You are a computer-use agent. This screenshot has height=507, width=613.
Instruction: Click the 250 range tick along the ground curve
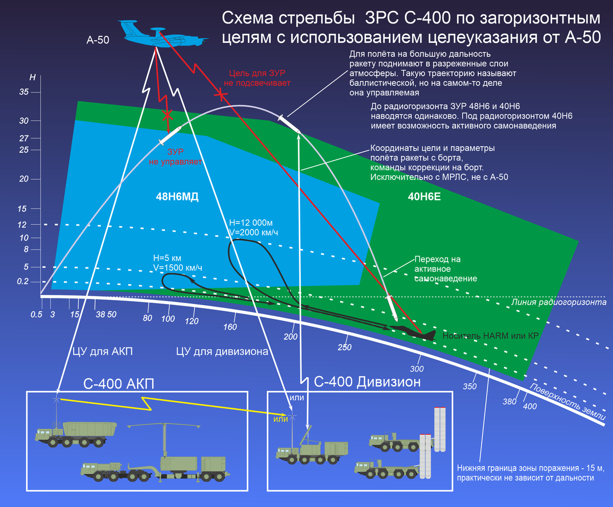[345, 348]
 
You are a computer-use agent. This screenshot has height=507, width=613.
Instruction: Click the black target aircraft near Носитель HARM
[414, 332]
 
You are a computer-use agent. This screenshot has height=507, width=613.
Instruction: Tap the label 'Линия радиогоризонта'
[558, 303]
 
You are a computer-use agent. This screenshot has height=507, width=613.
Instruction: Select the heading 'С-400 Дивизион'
[367, 382]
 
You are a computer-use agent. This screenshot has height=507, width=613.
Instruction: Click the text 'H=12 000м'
[251, 223]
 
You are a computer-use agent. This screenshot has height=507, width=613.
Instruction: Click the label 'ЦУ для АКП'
[102, 351]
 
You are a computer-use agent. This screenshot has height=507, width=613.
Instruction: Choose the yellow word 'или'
[281, 419]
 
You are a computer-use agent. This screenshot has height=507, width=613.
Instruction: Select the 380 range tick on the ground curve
[510, 402]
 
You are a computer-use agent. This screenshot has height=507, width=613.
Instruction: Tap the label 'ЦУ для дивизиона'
[222, 351]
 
